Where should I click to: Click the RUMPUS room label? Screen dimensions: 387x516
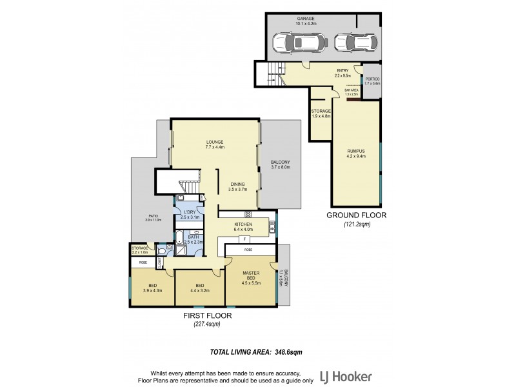coord(356,152)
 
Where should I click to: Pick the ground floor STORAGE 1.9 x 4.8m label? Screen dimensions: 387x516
coord(321,114)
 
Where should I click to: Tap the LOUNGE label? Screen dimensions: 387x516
coord(215,143)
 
